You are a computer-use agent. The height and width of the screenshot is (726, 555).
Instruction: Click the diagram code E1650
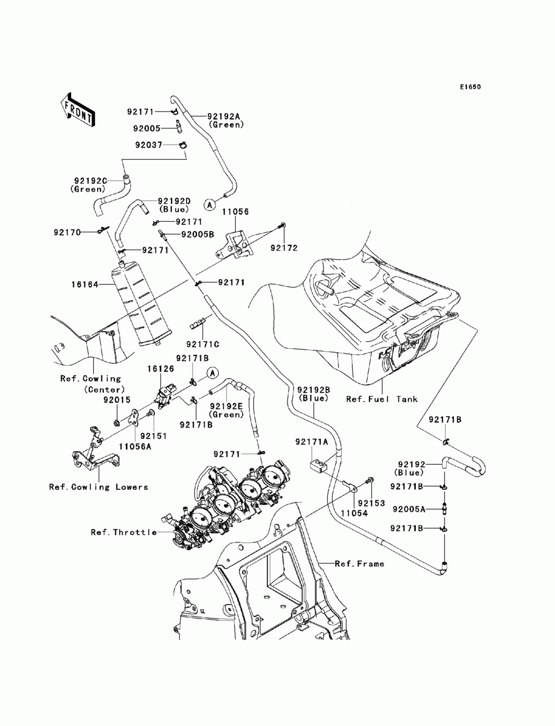470,87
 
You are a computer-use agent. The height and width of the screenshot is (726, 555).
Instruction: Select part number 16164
85,285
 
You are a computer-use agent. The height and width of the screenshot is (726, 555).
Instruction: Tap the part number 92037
149,145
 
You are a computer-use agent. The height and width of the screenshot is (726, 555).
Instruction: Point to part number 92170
67,232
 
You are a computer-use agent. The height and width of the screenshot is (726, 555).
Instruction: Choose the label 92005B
198,235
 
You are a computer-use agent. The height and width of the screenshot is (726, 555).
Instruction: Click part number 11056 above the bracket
235,212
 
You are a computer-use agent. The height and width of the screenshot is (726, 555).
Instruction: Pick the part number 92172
284,248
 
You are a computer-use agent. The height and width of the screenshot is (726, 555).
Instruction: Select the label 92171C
203,344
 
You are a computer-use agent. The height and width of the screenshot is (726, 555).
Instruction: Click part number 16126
160,368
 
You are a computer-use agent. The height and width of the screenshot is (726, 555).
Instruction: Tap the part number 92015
117,400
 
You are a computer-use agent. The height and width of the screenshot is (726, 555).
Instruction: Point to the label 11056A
135,447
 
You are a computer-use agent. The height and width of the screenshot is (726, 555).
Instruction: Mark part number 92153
371,503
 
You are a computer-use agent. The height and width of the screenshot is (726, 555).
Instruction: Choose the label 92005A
408,509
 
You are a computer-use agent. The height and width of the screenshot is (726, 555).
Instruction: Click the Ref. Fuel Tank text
382,399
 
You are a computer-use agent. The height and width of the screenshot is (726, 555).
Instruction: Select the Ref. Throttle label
124,532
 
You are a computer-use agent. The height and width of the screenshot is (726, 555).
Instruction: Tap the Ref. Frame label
360,563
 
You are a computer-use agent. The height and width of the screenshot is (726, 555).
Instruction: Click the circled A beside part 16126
213,373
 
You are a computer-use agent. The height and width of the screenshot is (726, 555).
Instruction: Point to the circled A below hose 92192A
209,205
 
